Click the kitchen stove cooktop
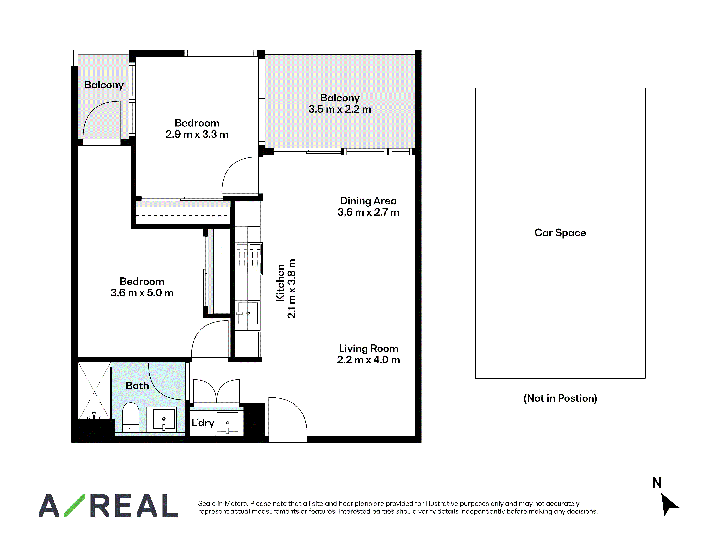tap(249, 259)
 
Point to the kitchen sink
tap(248, 313)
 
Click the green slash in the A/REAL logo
tap(75, 505)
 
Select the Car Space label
tap(560, 233)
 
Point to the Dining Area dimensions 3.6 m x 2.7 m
tap(368, 212)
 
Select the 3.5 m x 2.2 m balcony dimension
tap(340, 109)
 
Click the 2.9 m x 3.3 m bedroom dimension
tap(197, 134)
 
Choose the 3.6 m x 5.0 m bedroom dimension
tap(142, 293)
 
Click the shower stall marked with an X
tap(95, 391)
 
